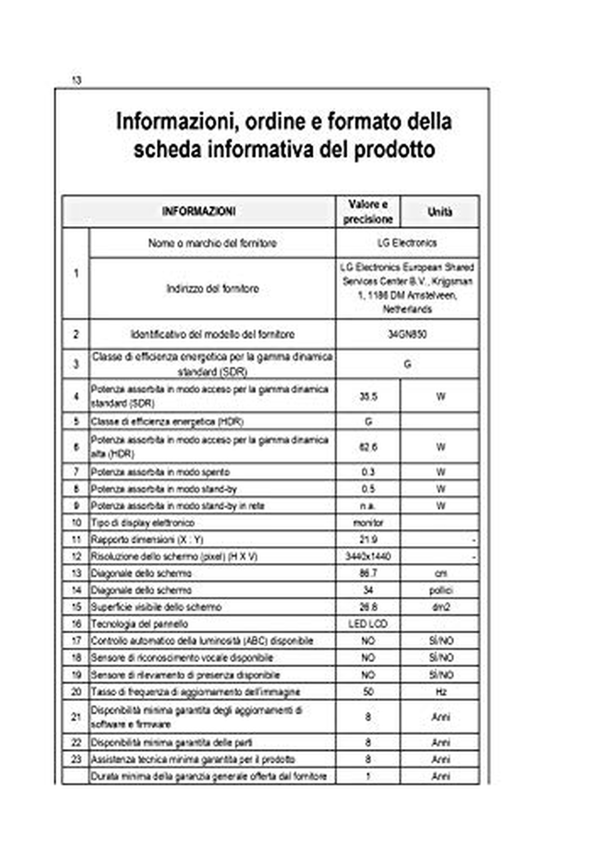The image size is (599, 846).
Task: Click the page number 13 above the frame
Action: [x=76, y=80]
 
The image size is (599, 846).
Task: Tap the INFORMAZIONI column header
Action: [x=199, y=211]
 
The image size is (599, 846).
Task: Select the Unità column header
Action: [x=440, y=212]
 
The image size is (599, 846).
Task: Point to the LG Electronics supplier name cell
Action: [x=407, y=243]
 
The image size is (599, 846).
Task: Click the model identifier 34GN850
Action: [x=407, y=334]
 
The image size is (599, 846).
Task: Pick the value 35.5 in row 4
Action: [x=368, y=397]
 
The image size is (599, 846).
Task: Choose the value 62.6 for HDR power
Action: [x=368, y=447]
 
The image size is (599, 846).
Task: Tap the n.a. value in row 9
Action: [x=368, y=506]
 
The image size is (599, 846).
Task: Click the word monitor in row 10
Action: [x=368, y=523]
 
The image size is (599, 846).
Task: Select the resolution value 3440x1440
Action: [x=368, y=556]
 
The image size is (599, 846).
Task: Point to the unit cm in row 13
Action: [x=440, y=573]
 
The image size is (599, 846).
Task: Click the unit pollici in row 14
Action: [x=440, y=590]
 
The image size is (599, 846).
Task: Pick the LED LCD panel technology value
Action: [x=368, y=624]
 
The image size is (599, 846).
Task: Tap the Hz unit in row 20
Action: [x=440, y=692]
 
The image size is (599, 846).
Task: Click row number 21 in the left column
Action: [x=76, y=717]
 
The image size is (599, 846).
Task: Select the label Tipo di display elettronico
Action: [x=143, y=523]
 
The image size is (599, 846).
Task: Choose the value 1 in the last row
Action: [x=368, y=776]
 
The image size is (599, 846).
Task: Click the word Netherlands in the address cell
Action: [x=407, y=309]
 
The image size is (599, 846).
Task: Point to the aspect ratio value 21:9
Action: [x=368, y=539]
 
